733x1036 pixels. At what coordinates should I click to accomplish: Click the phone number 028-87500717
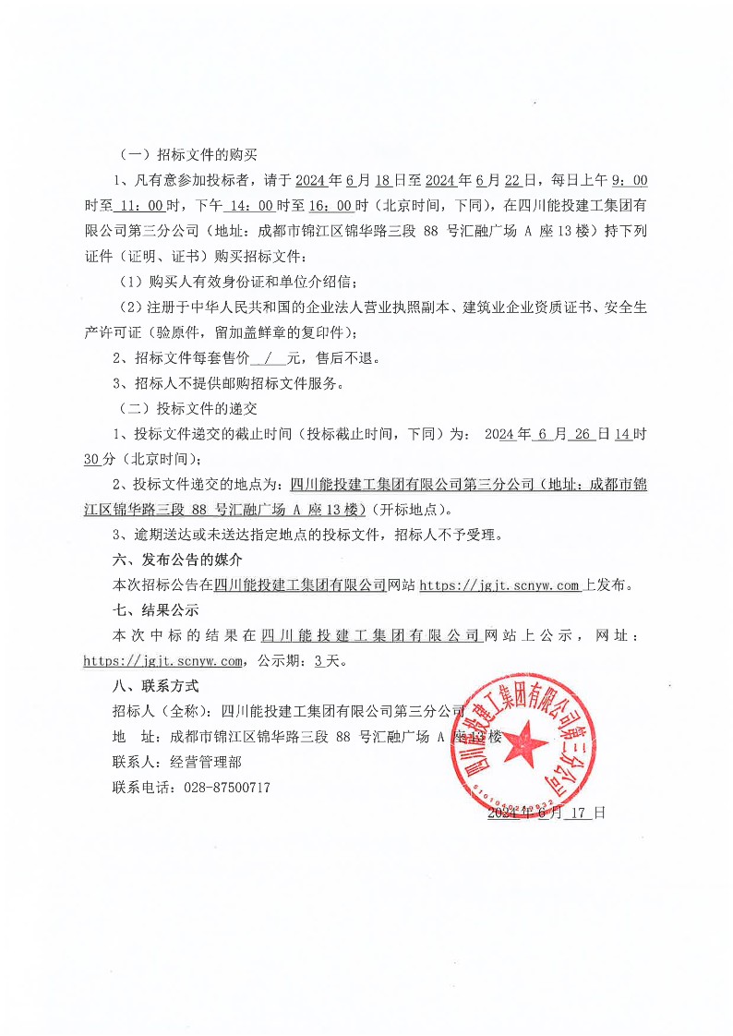tap(227, 788)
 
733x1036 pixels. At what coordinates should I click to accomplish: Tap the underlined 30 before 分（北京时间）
tap(91, 458)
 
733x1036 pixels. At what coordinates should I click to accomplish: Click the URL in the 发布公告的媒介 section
tap(499, 585)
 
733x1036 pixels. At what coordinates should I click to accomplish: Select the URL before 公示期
tap(162, 661)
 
